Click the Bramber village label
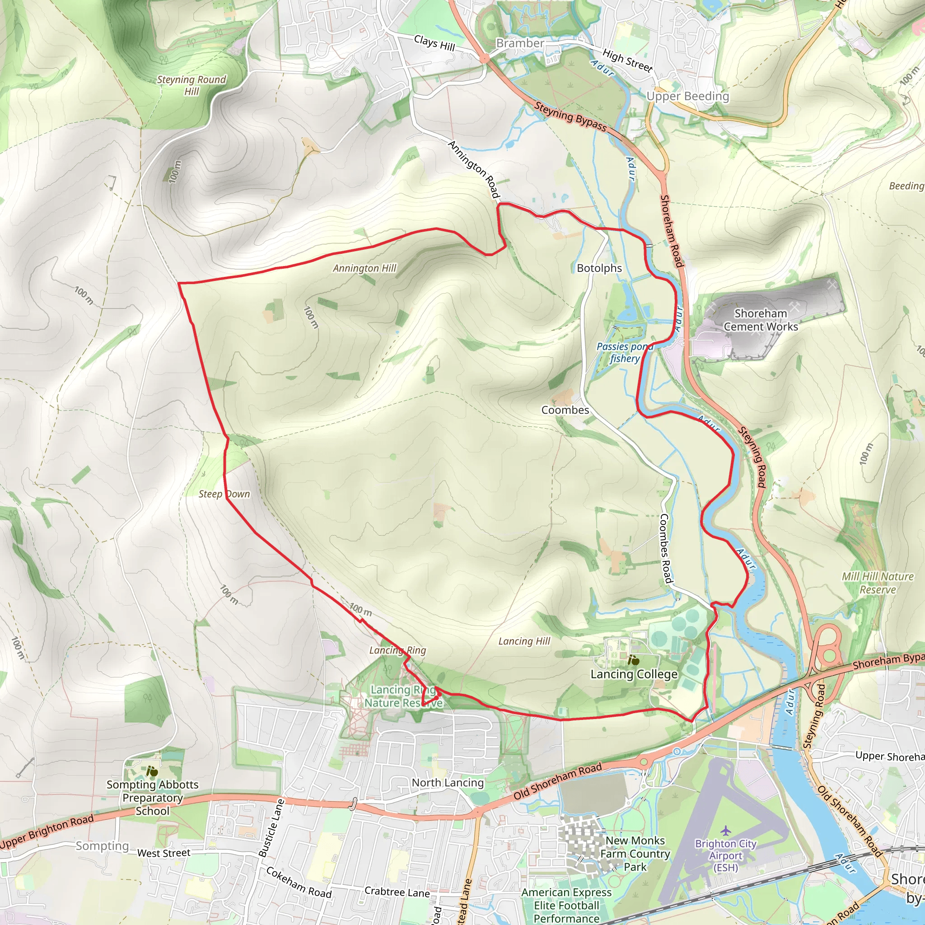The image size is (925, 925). coord(520,43)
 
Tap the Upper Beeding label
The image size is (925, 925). coord(687,96)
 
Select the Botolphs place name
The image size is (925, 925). coord(599,268)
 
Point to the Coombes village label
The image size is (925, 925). coord(565,410)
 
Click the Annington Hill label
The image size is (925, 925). coord(364,268)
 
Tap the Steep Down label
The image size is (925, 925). coord(224,494)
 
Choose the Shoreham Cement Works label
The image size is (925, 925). coord(760,320)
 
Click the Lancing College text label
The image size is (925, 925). coord(634,674)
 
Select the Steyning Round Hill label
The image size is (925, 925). coord(192,85)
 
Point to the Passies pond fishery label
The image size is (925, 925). coord(624,352)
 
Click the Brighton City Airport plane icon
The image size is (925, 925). coord(726,830)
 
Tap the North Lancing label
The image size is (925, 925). coord(448,782)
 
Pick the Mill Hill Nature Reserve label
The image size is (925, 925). coord(878,583)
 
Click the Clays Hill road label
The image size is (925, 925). coord(434,43)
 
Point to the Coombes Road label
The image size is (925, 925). coord(665,549)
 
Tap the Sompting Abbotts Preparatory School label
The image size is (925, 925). coord(152,798)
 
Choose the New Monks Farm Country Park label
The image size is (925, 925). coord(635,854)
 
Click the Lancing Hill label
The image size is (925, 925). coord(524,641)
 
